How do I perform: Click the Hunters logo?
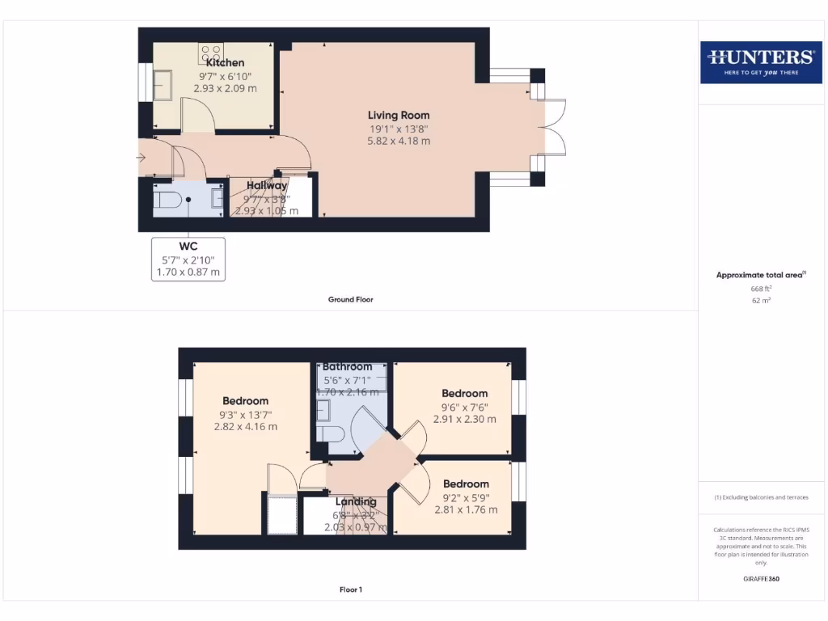point(760,61)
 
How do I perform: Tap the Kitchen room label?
point(225,62)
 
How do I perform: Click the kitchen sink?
point(164,85)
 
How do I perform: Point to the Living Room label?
point(399,115)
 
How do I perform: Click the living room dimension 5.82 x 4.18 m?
point(399,141)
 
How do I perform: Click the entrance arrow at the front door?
point(142,158)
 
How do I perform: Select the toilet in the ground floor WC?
point(167,199)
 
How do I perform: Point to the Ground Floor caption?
point(350,299)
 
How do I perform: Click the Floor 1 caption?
point(350,589)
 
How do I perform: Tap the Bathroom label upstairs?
point(347,366)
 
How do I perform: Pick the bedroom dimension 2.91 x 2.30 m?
point(464,420)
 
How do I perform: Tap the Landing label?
point(356,501)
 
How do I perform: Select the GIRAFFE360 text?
point(760,579)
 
